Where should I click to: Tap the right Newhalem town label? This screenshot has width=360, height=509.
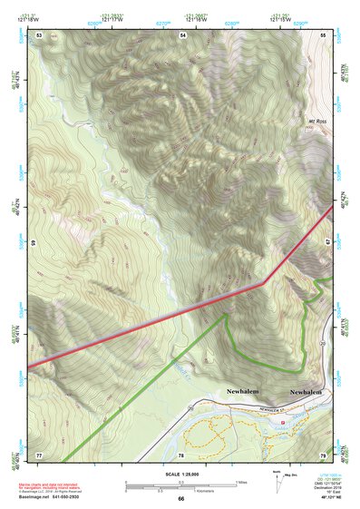[x=307, y=392]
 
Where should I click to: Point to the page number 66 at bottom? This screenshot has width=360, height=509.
[x=180, y=498]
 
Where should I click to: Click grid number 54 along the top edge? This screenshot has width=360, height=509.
[x=182, y=34]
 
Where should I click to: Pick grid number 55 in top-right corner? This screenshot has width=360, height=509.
[x=323, y=34]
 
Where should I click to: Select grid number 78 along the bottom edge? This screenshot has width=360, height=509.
[x=181, y=454]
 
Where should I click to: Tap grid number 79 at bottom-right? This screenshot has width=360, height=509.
[x=323, y=454]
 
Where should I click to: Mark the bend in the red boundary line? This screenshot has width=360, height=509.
[x=263, y=283]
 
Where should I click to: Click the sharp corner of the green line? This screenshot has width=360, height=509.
[x=226, y=315]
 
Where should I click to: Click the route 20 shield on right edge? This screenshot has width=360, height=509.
[x=323, y=346]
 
